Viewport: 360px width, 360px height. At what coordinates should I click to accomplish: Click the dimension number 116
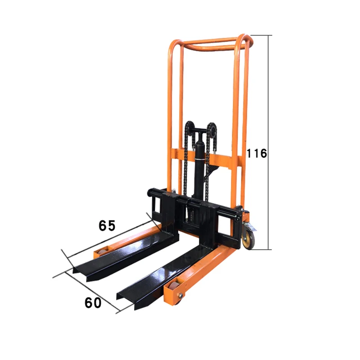click(256, 153)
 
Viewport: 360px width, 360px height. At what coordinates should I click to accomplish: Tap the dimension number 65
click(107, 225)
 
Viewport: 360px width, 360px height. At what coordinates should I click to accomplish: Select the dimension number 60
click(93, 302)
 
